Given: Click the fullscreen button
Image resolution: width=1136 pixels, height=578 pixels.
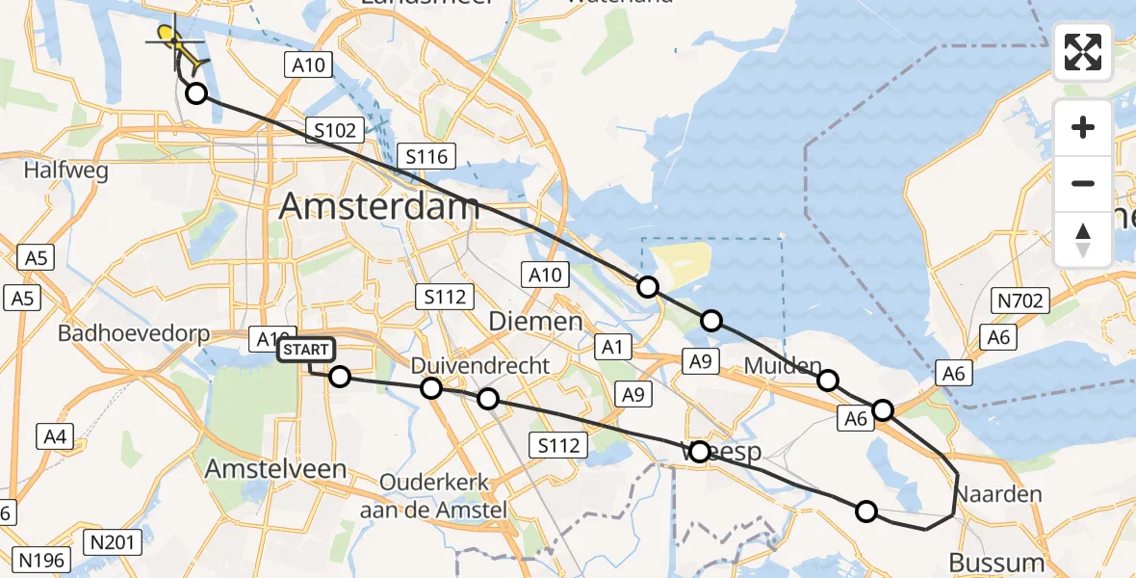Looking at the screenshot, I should pos(1083,52).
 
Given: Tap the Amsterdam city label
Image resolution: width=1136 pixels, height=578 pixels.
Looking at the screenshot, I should pos(379,207).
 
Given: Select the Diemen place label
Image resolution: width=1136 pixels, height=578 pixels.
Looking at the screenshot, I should pos(535,320).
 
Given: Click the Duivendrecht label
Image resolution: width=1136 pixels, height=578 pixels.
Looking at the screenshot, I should pos(480,366).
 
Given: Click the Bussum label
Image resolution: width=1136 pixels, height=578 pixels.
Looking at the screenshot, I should pos(995,562).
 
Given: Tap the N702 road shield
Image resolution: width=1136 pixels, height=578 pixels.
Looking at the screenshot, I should pos(1020,302).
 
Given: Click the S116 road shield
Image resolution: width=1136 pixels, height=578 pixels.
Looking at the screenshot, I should pos(428,155).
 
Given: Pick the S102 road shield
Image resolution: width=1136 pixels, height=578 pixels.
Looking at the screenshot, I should pos(335,130).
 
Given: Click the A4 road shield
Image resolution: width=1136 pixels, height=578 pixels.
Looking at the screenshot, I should pos(56,438).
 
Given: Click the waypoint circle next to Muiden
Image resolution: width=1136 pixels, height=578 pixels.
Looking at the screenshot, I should pos(827,381).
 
